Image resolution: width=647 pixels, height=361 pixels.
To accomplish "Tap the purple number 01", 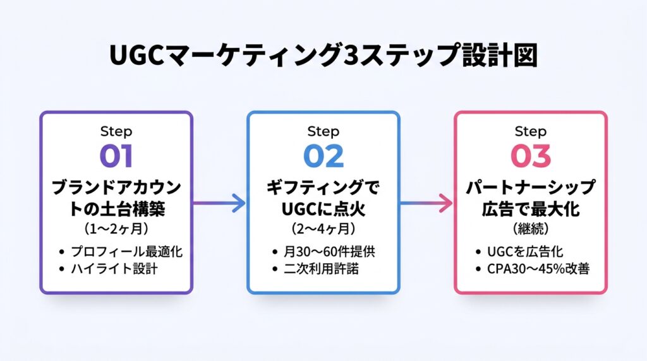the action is point(116,156).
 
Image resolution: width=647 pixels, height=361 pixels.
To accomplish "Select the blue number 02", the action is point(323,156).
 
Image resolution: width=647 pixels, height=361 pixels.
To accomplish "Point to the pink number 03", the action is point(531,156).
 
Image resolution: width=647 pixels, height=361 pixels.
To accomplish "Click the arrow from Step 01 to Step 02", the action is point(219,203).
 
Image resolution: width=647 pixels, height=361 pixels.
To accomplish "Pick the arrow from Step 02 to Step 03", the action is point(426,203).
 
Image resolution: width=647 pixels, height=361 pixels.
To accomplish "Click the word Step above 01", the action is point(116,131).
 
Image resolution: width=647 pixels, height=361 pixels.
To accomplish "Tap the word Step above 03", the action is point(531,131).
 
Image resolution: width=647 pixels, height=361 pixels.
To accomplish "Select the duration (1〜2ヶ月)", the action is point(116,228).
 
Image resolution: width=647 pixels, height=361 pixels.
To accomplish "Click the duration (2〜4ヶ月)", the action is point(323,228).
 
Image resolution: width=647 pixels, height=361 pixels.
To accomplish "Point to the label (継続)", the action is point(531,228).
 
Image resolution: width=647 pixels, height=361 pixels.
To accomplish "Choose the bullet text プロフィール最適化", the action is point(126,251).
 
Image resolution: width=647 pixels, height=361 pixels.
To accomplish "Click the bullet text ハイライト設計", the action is point(114,269).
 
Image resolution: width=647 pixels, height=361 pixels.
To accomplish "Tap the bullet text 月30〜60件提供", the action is point(329,251).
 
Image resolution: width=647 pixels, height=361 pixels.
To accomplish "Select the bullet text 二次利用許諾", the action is point(321,269).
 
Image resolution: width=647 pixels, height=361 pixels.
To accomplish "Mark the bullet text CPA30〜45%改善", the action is point(538,269).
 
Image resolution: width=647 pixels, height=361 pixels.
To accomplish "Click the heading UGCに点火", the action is point(323,209).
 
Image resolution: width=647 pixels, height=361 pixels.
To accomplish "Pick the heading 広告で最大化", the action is point(531,209).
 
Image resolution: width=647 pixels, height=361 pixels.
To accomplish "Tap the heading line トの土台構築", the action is point(116,209).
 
